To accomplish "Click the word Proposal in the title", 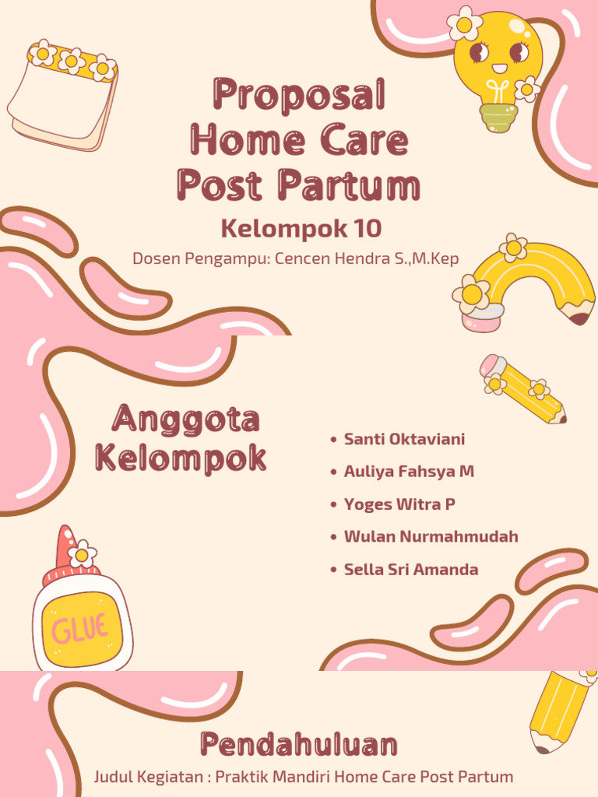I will pos(299,95).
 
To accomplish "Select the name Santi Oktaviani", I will pos(404,439).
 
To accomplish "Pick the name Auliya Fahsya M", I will pos(409,472).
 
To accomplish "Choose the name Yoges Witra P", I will pos(399,504).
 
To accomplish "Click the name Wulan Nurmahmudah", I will pos(431,537).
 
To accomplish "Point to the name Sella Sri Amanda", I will pos(411,570).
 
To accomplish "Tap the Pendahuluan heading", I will pos(299,744).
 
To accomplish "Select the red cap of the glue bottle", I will pos(65,545).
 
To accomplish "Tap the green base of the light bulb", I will pos(498,117).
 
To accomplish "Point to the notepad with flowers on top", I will pos(62,97).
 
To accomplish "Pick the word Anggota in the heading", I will pos(185,420).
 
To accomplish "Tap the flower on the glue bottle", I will pos(82,555).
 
